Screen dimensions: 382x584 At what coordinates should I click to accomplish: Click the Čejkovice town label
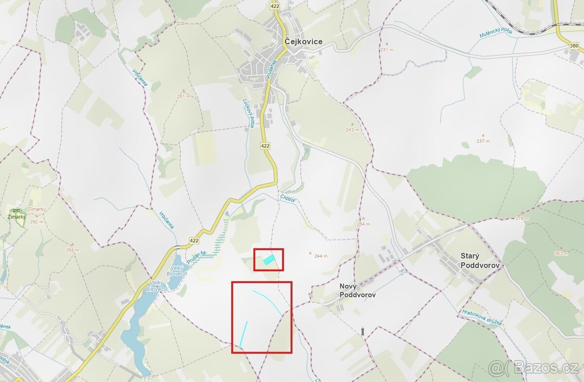(303, 42)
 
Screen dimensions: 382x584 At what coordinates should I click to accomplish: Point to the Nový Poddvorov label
(357, 291)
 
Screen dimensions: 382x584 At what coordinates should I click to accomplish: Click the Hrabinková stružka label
(483, 316)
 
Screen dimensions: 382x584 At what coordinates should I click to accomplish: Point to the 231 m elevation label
(387, 50)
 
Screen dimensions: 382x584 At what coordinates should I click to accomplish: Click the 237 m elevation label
(483, 141)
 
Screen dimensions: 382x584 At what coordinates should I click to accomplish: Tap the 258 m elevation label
(72, 250)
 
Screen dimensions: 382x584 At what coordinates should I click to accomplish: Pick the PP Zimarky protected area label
(18, 214)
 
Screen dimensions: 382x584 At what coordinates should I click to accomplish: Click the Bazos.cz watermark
(533, 367)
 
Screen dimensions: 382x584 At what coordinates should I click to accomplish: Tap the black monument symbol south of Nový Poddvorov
(363, 331)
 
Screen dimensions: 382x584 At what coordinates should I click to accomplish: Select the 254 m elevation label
(363, 224)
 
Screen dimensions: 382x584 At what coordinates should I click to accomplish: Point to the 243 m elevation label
(352, 130)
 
